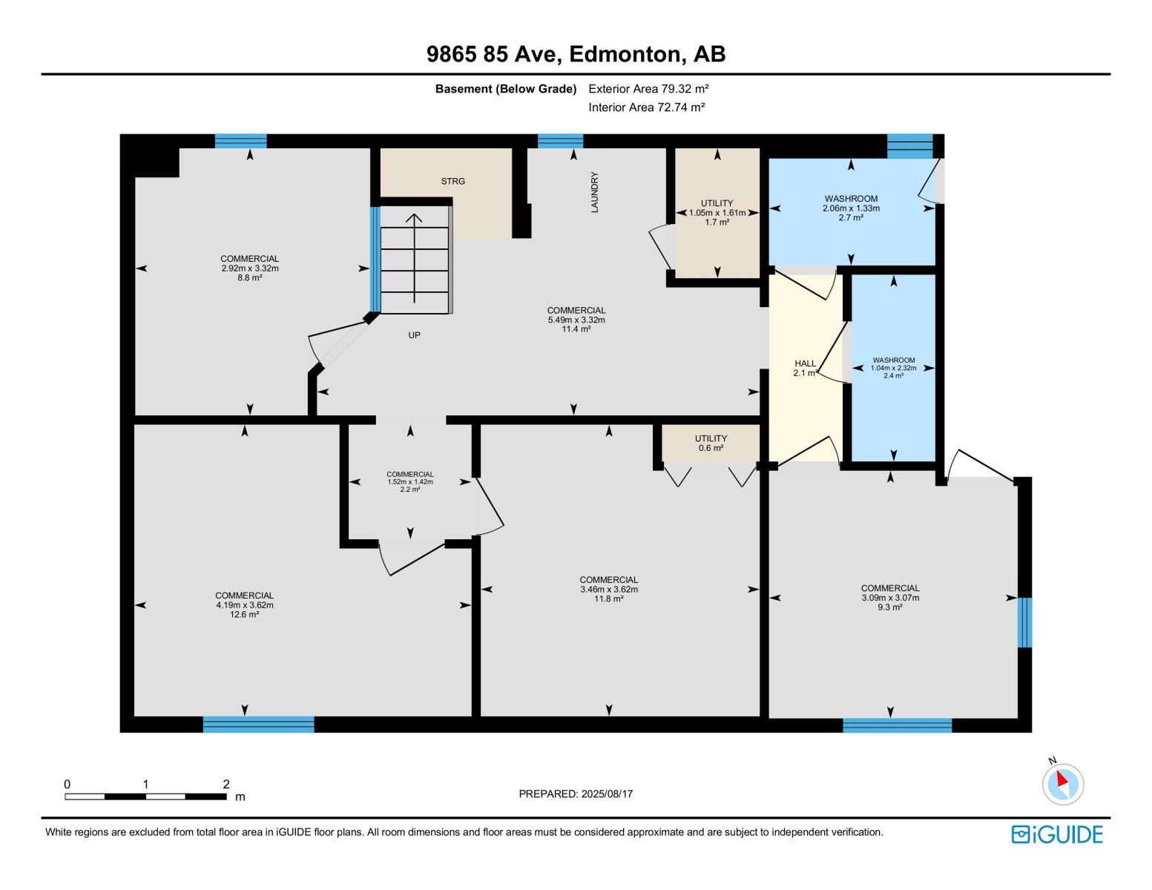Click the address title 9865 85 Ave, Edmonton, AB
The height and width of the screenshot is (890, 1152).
click(576, 54)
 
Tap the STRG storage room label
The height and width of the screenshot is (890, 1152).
click(452, 181)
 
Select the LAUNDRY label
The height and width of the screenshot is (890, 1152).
click(594, 192)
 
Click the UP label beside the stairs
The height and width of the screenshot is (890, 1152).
click(414, 335)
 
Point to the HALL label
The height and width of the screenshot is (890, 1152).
click(806, 363)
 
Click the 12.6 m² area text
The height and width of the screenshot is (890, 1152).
click(244, 615)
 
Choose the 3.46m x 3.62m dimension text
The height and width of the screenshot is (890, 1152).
click(608, 590)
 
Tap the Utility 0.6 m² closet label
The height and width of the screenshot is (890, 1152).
click(711, 444)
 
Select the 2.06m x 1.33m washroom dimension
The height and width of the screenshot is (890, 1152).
click(851, 208)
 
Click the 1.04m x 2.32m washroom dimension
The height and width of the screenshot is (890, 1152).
click(893, 368)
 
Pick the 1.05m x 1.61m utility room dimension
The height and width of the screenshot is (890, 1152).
click(717, 213)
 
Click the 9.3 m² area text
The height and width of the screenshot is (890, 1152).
click(890, 607)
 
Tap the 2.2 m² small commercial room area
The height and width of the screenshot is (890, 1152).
click(410, 489)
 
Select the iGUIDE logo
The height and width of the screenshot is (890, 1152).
click(1057, 834)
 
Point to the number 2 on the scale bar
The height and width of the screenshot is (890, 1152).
click(226, 784)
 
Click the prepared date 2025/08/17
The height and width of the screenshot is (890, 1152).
click(576, 794)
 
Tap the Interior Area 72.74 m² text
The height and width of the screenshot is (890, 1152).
click(646, 107)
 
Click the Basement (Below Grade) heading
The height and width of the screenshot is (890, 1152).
click(506, 89)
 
